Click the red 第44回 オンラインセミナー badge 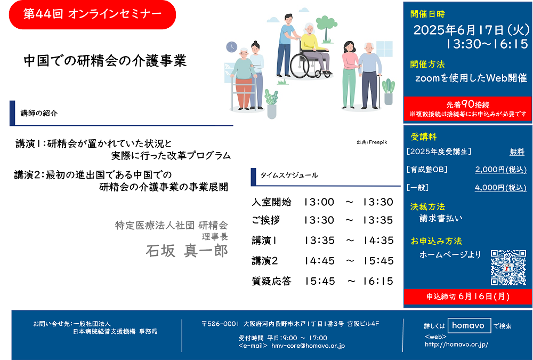pos(92,14)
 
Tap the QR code pos(508,267)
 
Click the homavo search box pos(469,325)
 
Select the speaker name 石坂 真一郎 pos(187,251)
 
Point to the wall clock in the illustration pos(231,46)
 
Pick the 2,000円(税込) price pos(500,170)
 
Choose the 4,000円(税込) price pos(500,188)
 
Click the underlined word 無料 pos(517,151)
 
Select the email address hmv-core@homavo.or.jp pos(308,346)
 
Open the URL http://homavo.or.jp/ pos(457,345)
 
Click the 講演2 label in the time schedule pos(265,261)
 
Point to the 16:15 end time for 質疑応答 pos(378,281)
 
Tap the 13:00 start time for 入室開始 pos(319,202)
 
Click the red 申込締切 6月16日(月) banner pos(468,297)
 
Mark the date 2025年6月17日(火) pos(472,30)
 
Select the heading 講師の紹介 pos(39,113)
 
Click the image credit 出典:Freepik pos(372,142)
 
